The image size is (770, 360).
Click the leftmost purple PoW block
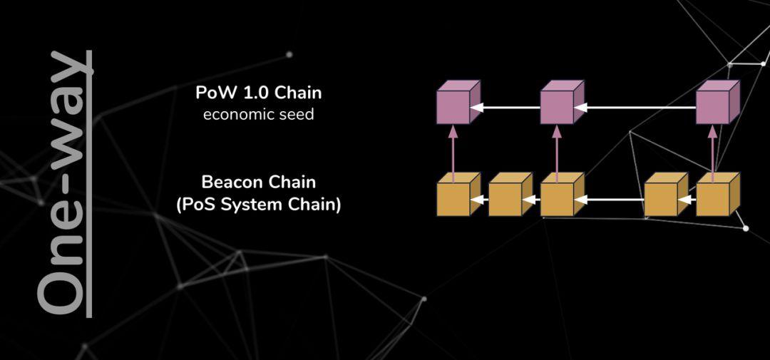click(x=458, y=102)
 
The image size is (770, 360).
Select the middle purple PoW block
click(x=563, y=102)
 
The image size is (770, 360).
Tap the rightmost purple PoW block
click(x=718, y=102)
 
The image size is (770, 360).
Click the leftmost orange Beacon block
click(x=458, y=194)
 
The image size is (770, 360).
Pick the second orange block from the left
click(x=510, y=194)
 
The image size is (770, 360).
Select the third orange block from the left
click(x=563, y=194)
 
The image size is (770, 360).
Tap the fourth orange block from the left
click(x=666, y=194)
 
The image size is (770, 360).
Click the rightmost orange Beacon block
click(x=718, y=194)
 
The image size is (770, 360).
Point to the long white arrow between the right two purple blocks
click(x=635, y=107)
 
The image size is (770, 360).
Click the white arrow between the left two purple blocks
click(x=505, y=107)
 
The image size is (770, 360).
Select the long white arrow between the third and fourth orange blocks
click(x=609, y=200)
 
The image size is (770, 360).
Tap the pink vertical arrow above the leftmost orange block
click(x=453, y=153)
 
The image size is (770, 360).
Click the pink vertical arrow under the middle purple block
click(x=557, y=153)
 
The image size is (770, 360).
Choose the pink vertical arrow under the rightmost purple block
click(x=712, y=153)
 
